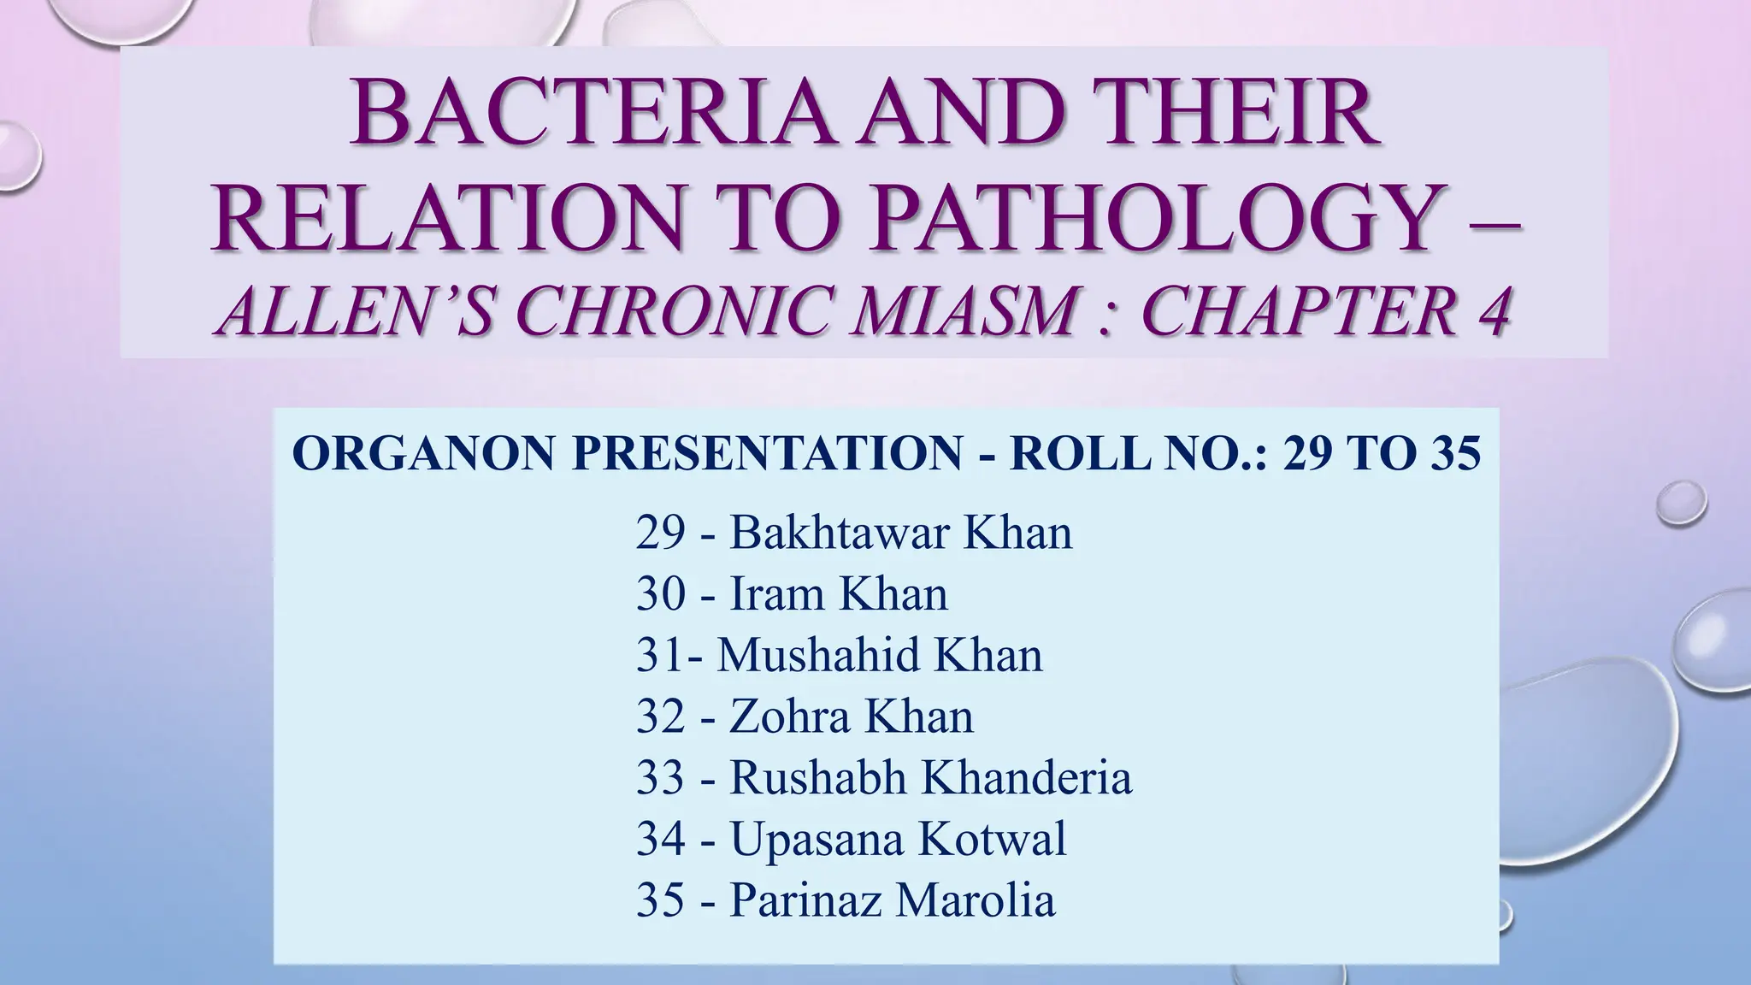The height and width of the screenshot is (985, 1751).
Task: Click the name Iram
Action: [x=775, y=593]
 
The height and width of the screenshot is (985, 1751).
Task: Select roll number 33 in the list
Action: [x=661, y=777]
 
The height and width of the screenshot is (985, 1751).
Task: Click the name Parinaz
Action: [x=804, y=900]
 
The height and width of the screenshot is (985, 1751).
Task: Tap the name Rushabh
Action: [x=817, y=777]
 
